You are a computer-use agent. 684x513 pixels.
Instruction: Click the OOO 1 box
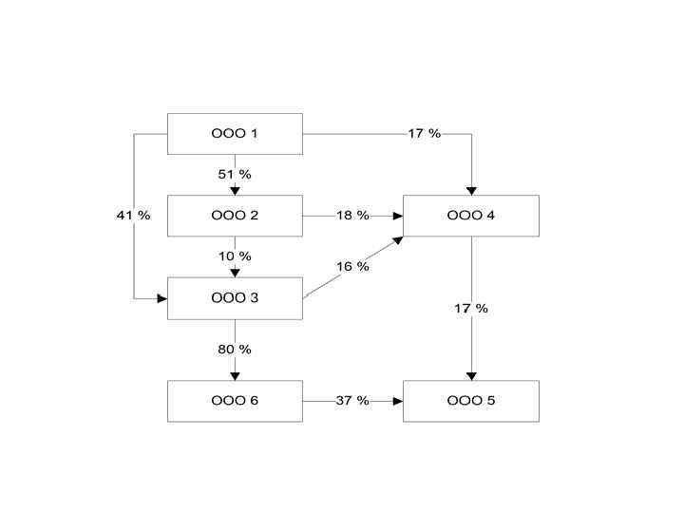(x=235, y=134)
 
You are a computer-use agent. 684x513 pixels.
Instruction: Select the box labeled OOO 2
(x=235, y=216)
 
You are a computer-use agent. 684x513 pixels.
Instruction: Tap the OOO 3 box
(x=235, y=298)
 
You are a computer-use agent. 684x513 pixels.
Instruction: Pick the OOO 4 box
(x=471, y=216)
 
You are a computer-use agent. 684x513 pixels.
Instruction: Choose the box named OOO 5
(x=471, y=401)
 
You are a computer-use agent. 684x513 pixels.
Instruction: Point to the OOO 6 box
(x=235, y=401)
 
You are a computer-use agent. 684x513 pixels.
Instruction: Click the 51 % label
(x=235, y=174)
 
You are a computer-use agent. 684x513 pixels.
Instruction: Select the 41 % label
(x=133, y=216)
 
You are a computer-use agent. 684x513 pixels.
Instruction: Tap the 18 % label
(x=352, y=216)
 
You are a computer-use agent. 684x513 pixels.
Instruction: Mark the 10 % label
(x=235, y=256)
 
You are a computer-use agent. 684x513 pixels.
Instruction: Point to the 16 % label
(x=352, y=267)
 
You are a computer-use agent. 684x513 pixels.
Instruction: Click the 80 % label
(x=235, y=350)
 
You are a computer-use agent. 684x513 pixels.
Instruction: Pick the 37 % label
(x=352, y=401)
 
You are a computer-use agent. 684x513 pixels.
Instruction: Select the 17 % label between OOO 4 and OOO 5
(x=471, y=309)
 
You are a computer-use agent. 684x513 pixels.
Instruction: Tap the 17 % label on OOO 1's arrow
(x=425, y=134)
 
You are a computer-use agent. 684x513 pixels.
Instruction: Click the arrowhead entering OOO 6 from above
(x=235, y=376)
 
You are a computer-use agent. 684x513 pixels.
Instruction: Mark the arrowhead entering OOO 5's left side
(x=399, y=401)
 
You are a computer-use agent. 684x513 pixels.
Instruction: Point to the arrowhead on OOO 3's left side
(x=162, y=298)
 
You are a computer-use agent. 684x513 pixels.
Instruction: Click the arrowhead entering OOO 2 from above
(x=235, y=191)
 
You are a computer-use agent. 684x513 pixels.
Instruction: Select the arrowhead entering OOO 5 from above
(x=471, y=376)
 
